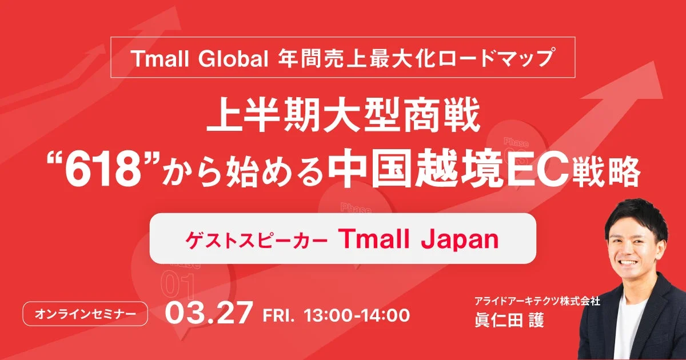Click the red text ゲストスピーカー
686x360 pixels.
pyautogui.click(x=256, y=241)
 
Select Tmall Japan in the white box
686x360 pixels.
pyautogui.click(x=421, y=239)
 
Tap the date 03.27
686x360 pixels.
pyautogui.click(x=209, y=314)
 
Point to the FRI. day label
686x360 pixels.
pyautogui.click(x=279, y=315)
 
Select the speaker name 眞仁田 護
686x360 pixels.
pyautogui.click(x=506, y=319)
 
